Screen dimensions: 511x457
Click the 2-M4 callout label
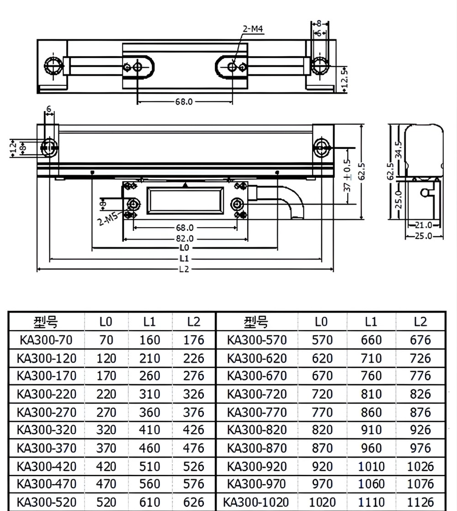coord(253,29)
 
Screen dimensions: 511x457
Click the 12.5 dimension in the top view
coord(345,77)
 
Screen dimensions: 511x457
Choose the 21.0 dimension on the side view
coord(423,225)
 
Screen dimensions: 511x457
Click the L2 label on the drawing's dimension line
coord(184,269)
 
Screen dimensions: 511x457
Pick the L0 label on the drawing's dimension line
coord(184,248)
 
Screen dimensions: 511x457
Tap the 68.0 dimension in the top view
coord(184,102)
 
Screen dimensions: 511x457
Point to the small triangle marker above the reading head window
coord(185,185)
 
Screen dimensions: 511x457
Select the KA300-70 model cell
coord(46,340)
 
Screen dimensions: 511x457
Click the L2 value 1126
coord(420,502)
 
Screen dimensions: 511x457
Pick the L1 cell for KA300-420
coord(150,467)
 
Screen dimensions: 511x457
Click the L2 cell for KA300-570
coord(420,340)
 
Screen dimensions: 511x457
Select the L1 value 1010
coord(371,467)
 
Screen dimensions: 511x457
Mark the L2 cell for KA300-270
coord(193,412)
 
